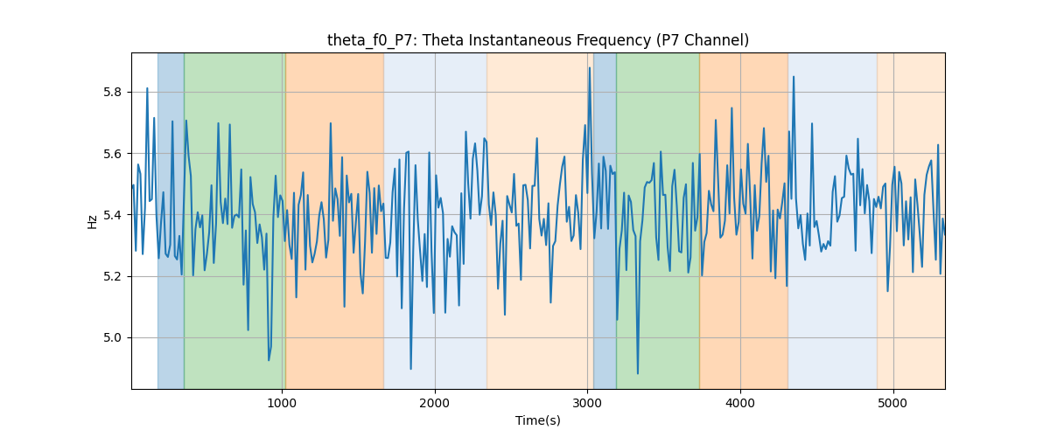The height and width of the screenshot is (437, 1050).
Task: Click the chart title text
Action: (537, 40)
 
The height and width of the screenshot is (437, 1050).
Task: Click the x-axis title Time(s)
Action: (537, 420)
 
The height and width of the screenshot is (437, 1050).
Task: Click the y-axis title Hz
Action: (93, 222)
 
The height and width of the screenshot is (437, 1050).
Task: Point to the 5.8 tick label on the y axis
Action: (112, 93)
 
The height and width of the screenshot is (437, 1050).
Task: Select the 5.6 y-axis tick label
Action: (112, 154)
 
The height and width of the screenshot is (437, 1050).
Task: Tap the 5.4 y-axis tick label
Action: (112, 215)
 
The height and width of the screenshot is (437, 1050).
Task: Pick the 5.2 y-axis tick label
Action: (112, 276)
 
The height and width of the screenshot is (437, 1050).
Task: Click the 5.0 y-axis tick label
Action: (112, 337)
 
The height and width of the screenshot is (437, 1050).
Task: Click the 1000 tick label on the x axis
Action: (282, 404)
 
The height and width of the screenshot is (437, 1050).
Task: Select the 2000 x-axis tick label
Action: (435, 404)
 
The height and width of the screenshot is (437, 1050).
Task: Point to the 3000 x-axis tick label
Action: (587, 404)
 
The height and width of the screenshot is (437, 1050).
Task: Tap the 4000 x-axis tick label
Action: (740, 404)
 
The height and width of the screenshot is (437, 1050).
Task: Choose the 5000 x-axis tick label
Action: (893, 404)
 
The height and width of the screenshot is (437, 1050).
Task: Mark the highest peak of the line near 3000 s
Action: (590, 68)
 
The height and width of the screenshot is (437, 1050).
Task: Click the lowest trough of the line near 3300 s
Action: (638, 373)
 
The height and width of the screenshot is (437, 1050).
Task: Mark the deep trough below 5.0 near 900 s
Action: (269, 360)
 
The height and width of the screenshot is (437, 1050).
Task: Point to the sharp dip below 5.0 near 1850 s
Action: (410, 369)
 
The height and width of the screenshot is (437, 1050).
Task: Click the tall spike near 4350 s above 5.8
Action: (794, 77)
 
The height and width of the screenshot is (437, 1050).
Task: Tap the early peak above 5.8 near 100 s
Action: (147, 88)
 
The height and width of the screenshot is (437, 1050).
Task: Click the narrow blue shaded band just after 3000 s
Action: (605, 220)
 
